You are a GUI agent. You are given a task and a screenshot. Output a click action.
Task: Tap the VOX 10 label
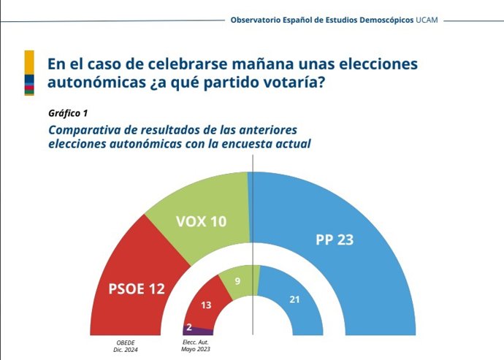click(x=201, y=221)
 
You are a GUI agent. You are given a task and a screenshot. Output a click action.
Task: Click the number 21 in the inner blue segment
click(x=295, y=299)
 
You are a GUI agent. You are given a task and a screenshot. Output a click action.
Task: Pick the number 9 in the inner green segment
click(x=237, y=280)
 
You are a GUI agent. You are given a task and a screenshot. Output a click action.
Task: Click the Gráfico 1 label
click(x=68, y=115)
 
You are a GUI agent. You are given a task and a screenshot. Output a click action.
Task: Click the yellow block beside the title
click(x=28, y=62)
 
